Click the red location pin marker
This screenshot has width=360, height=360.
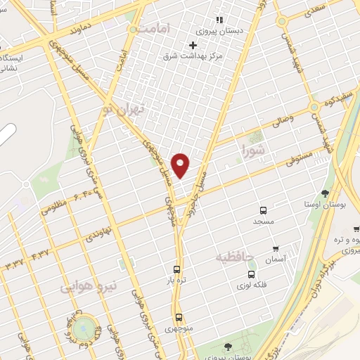pos(181,165)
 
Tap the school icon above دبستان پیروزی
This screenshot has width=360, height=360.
pos(219,20)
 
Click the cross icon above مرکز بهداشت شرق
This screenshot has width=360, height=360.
pos(193,44)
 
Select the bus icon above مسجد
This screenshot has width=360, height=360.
pos(264,210)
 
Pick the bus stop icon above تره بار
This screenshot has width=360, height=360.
pos(176,269)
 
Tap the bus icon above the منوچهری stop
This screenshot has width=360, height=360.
pos(179,317)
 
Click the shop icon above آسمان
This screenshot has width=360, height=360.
pos(275,249)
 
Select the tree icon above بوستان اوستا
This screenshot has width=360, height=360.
pos(324,193)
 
